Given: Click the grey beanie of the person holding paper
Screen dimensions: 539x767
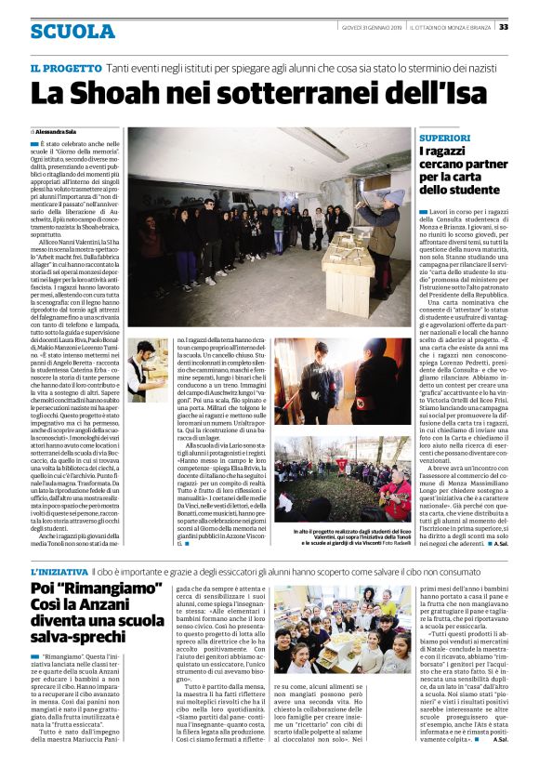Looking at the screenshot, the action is click(x=396, y=196).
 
